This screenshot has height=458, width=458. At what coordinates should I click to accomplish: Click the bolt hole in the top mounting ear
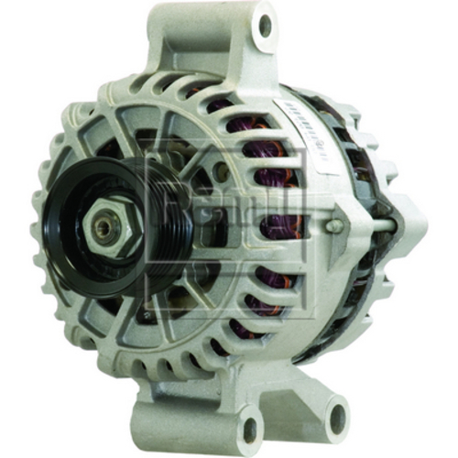coord(264,27)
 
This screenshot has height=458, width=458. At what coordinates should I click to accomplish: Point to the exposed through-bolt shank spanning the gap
coord(366,221)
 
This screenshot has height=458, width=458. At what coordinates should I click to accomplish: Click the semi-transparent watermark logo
coord(229,220)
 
